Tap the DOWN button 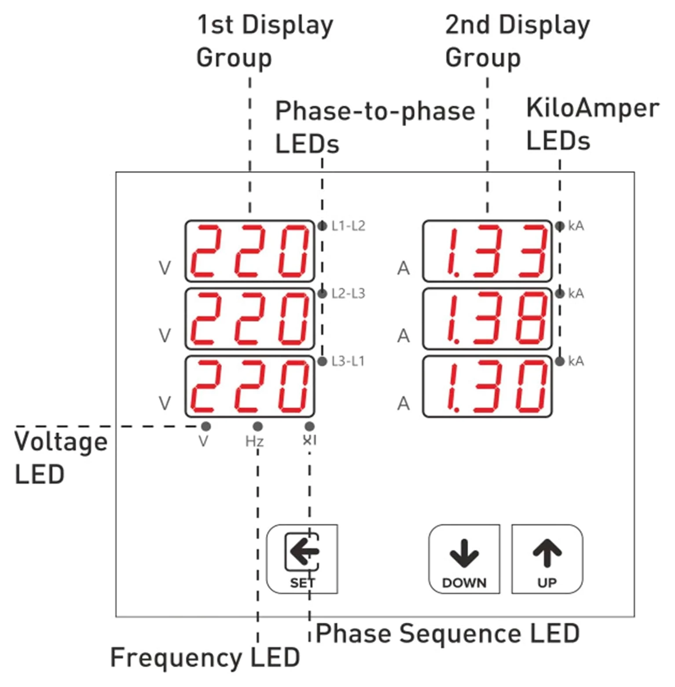464,559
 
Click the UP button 547,559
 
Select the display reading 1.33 487,251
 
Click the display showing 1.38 487,319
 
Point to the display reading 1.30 487,387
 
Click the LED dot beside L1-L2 323,226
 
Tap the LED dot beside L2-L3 323,293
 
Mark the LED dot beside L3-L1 323,362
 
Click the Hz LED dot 258,426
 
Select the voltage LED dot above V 205,426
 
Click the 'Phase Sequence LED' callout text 448,634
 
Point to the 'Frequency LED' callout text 205,658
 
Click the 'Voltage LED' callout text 61,458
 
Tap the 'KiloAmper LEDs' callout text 592,124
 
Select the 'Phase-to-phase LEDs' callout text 375,128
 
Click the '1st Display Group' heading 264,42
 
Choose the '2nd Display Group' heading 517,42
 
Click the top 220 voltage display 249,251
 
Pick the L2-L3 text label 348,293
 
